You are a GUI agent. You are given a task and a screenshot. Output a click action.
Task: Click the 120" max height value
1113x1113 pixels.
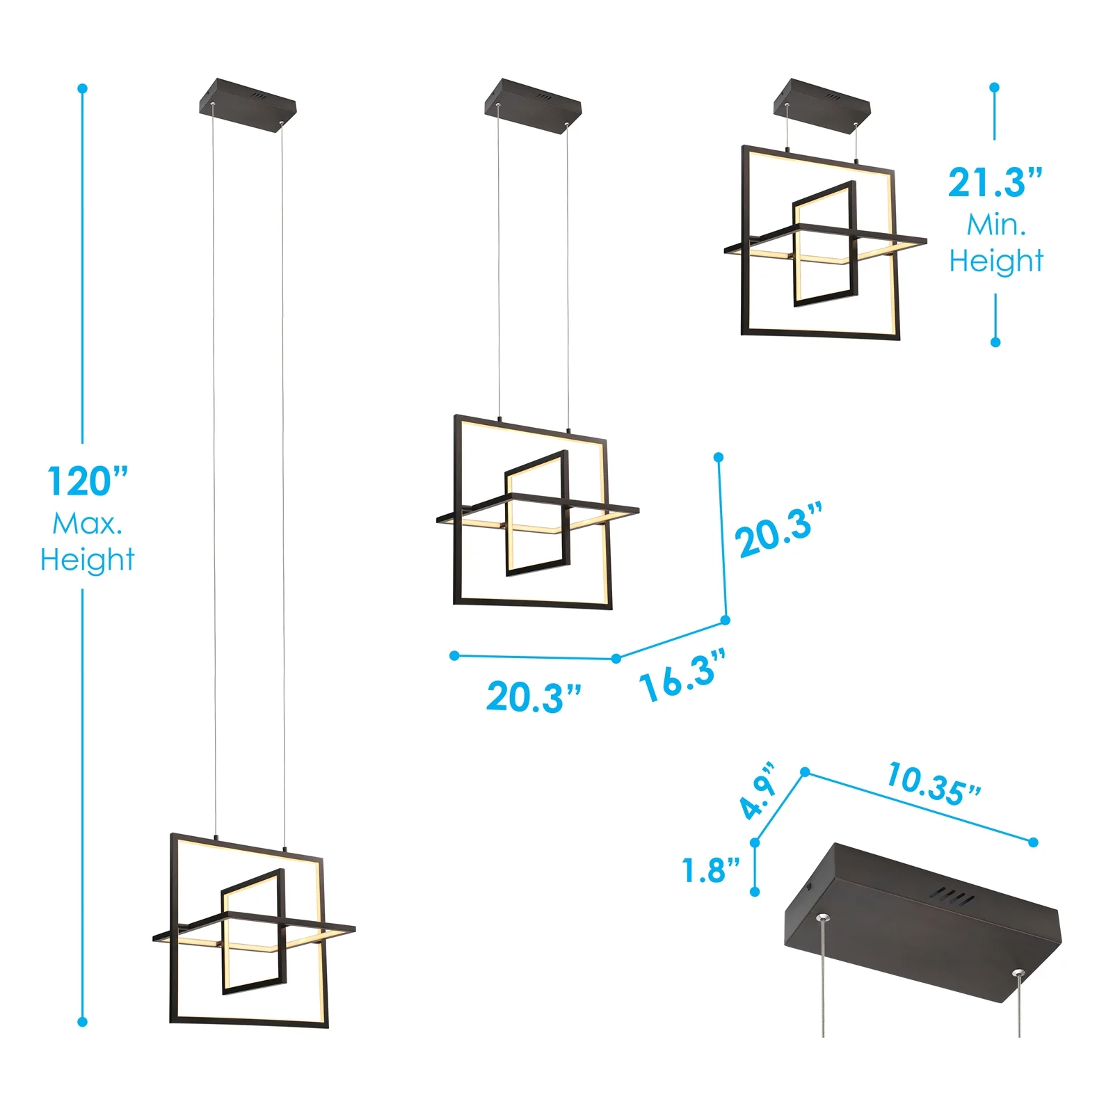(x=88, y=481)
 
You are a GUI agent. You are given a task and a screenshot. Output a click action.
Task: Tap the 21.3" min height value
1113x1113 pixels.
(x=995, y=183)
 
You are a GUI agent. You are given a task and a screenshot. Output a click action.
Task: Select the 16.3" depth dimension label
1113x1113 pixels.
(x=682, y=675)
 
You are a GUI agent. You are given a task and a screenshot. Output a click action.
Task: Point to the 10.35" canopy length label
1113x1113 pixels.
(x=934, y=784)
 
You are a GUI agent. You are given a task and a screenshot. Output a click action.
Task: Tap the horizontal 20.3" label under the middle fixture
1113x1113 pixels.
(x=534, y=697)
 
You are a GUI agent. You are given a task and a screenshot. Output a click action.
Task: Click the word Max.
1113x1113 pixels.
(x=88, y=524)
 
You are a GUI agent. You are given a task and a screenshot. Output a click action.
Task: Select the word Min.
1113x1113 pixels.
(x=996, y=225)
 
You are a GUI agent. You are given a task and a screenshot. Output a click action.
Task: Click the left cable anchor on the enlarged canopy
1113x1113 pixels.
(x=822, y=918)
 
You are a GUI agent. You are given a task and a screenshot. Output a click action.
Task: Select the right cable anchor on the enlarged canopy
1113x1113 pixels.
(x=1019, y=975)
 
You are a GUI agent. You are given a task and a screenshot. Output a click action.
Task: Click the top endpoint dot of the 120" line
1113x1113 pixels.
(x=83, y=88)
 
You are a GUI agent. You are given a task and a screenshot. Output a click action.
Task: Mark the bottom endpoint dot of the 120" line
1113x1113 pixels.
(x=83, y=1022)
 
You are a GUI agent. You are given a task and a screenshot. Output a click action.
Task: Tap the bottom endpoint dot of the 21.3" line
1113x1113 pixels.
(x=995, y=342)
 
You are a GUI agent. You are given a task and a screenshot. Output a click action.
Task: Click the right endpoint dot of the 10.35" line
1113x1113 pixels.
(x=1033, y=842)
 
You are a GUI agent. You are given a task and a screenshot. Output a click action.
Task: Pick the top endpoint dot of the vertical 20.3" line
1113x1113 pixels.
(x=719, y=457)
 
